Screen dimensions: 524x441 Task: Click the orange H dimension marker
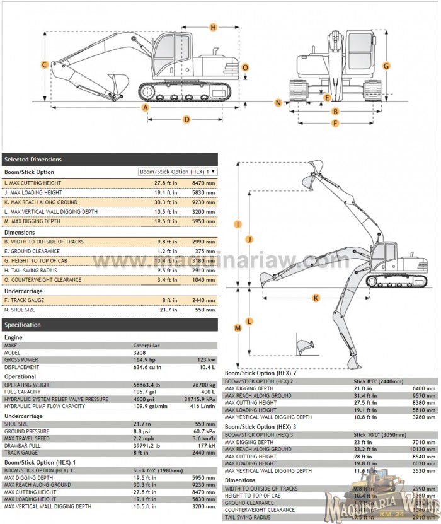[214, 27]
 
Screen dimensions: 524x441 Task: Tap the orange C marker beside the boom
[45, 64]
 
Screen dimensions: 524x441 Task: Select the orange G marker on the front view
[386, 66]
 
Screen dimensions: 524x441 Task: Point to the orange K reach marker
[316, 297]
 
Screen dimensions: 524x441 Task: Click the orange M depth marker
[238, 328]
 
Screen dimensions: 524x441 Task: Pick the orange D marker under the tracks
[186, 119]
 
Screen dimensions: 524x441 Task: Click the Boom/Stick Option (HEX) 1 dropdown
[178, 172]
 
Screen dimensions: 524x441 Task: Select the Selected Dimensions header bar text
[33, 160]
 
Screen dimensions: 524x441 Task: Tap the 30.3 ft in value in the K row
[166, 202]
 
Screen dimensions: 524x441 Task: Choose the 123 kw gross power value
[207, 359]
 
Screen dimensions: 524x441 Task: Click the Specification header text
[23, 325]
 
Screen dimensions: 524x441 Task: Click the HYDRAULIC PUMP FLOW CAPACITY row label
[45, 406]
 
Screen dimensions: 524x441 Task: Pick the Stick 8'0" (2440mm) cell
[380, 381]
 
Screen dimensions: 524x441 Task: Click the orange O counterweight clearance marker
[245, 67]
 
